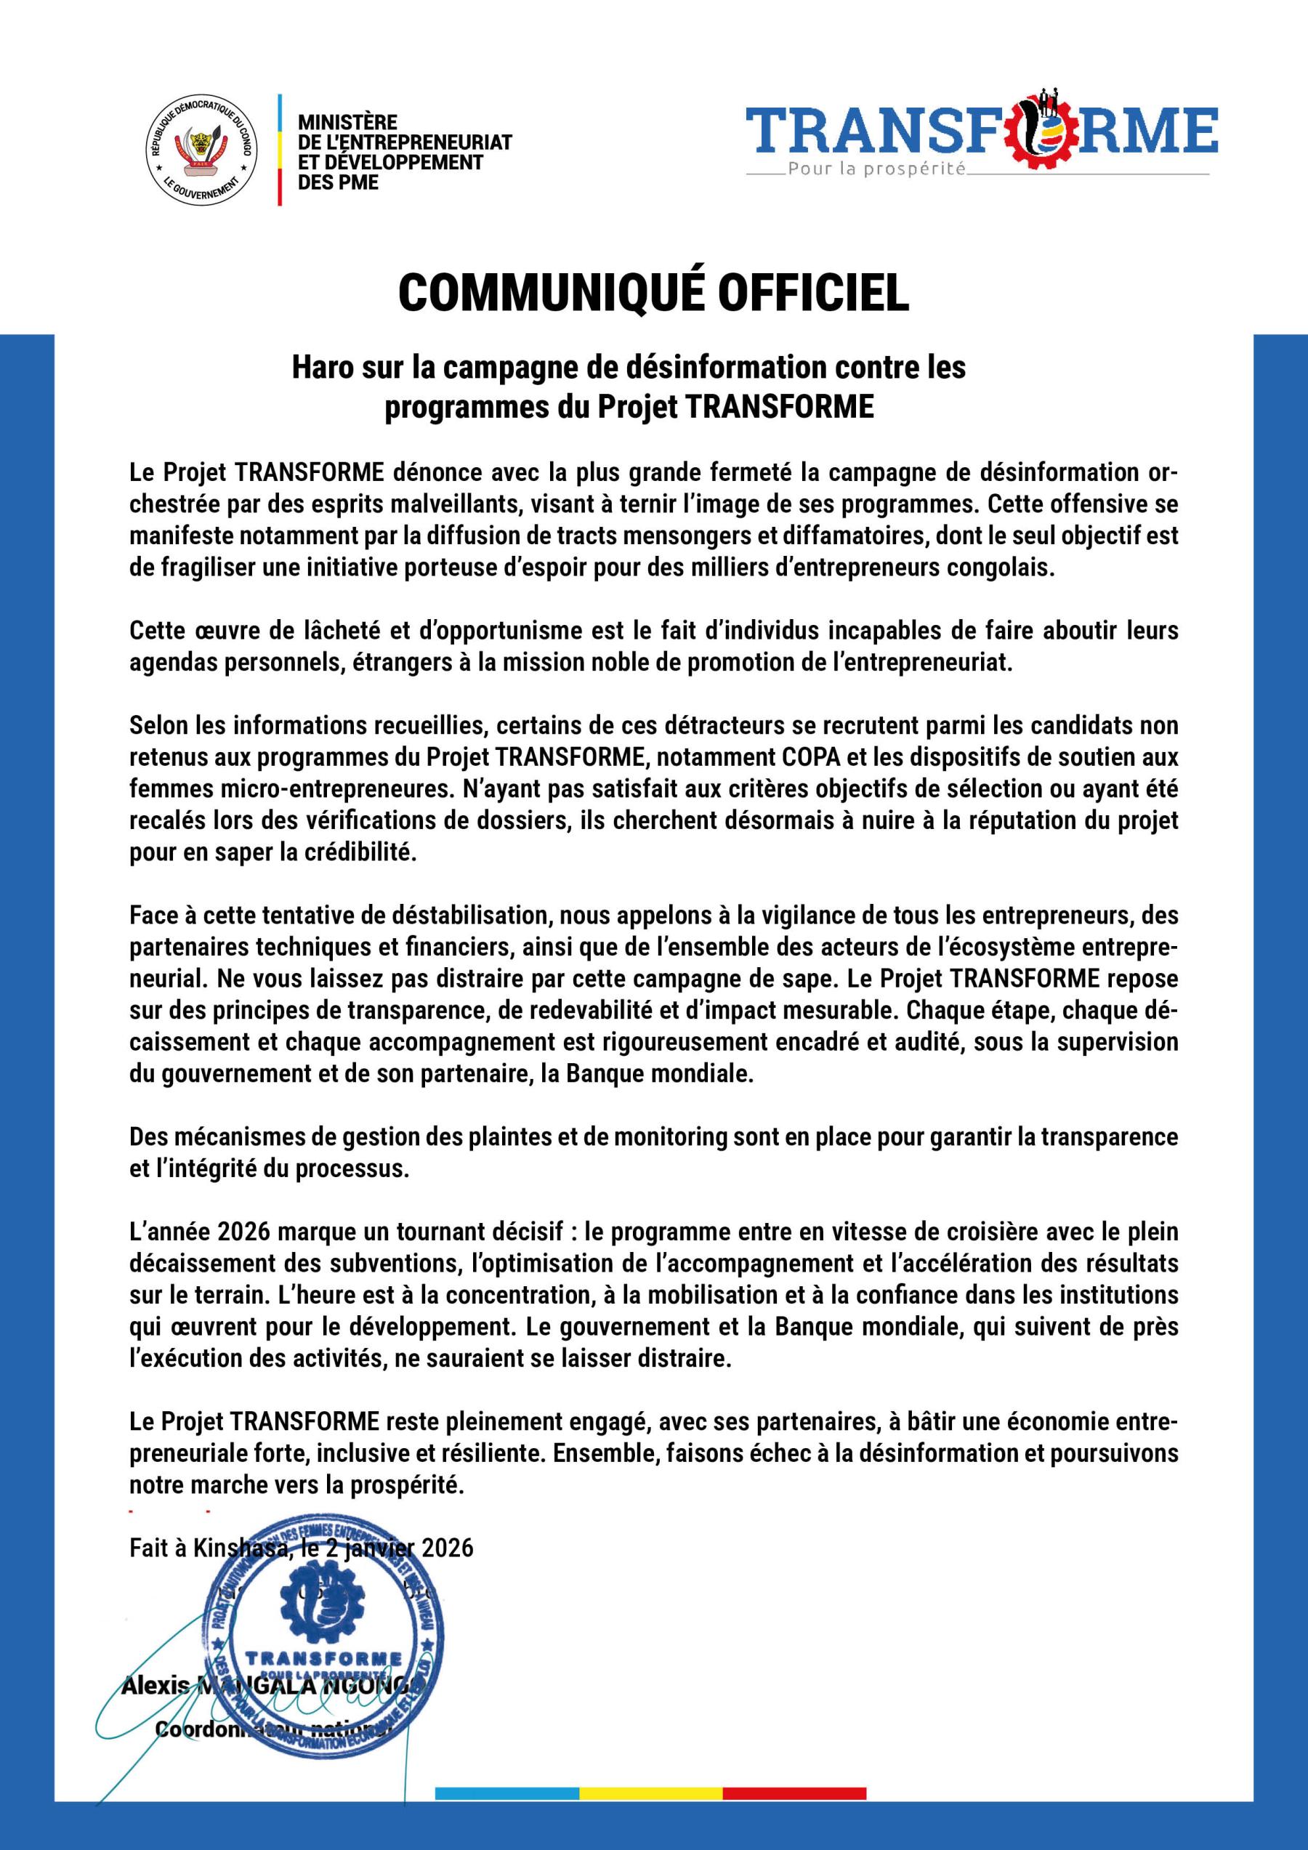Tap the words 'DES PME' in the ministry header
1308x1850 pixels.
338,183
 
